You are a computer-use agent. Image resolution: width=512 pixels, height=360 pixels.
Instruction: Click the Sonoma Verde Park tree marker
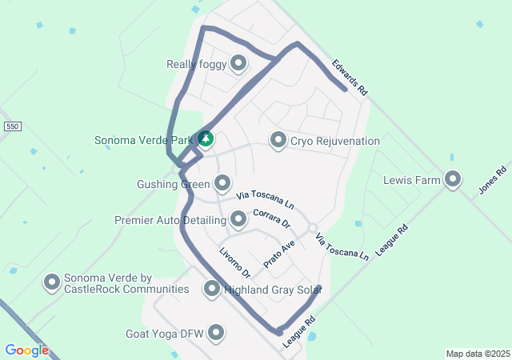click(206, 139)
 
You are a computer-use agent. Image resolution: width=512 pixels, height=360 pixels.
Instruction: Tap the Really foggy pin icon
click(238, 62)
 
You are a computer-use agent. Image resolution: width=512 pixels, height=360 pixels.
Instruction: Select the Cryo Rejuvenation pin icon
click(278, 140)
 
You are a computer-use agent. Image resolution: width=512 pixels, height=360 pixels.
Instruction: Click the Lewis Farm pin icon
click(454, 179)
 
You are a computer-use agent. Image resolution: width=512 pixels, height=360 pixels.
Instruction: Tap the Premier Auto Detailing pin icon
click(238, 218)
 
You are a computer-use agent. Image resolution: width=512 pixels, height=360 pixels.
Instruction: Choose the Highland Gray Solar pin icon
click(212, 289)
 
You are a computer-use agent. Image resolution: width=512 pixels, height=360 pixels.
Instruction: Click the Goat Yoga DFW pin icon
click(216, 332)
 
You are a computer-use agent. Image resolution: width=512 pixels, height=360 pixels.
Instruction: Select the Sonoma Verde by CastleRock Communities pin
click(52, 282)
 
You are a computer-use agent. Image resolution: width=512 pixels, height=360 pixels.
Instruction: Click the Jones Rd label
click(494, 181)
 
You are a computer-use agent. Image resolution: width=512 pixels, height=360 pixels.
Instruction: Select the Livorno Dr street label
click(235, 262)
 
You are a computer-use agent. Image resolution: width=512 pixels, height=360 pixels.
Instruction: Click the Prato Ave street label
click(279, 253)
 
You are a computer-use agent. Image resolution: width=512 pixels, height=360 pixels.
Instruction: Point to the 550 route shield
click(11, 126)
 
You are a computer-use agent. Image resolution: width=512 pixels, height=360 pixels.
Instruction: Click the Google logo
click(26, 350)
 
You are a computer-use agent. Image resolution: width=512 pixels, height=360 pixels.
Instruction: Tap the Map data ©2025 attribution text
click(478, 354)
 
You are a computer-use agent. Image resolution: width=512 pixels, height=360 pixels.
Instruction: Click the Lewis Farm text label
click(412, 180)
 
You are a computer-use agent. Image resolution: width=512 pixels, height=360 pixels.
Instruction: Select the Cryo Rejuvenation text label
click(334, 141)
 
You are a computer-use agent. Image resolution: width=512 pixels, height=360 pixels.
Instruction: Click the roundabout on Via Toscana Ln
click(312, 228)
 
